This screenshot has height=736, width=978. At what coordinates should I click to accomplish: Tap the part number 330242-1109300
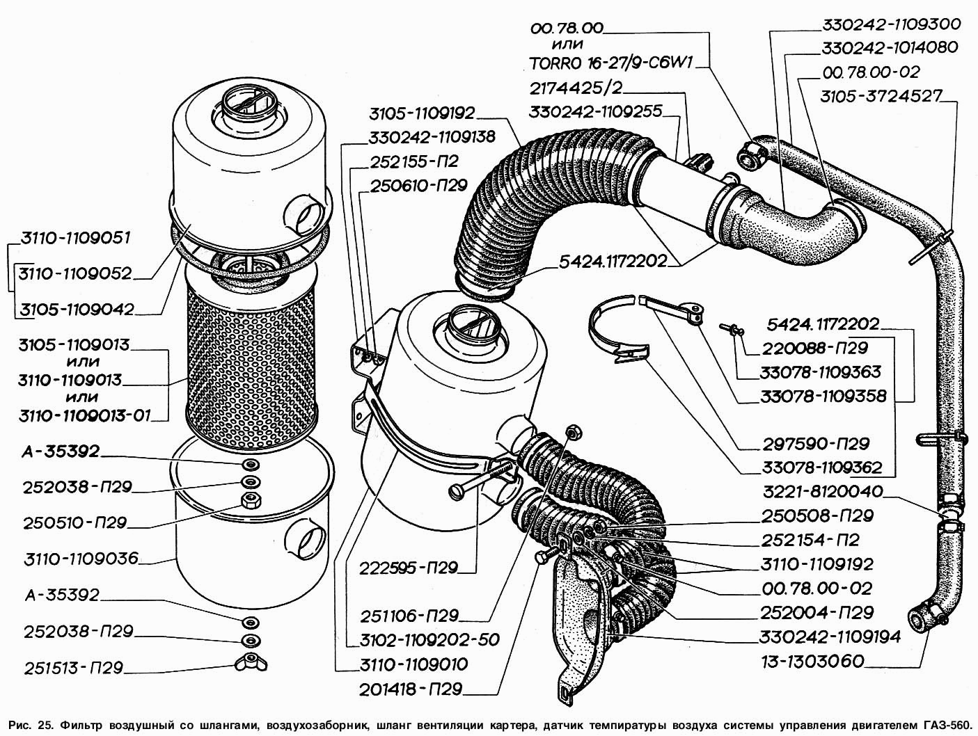[x=891, y=24]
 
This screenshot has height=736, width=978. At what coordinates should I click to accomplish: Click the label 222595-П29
[x=409, y=568]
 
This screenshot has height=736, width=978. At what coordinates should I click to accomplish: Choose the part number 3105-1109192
[x=423, y=113]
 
